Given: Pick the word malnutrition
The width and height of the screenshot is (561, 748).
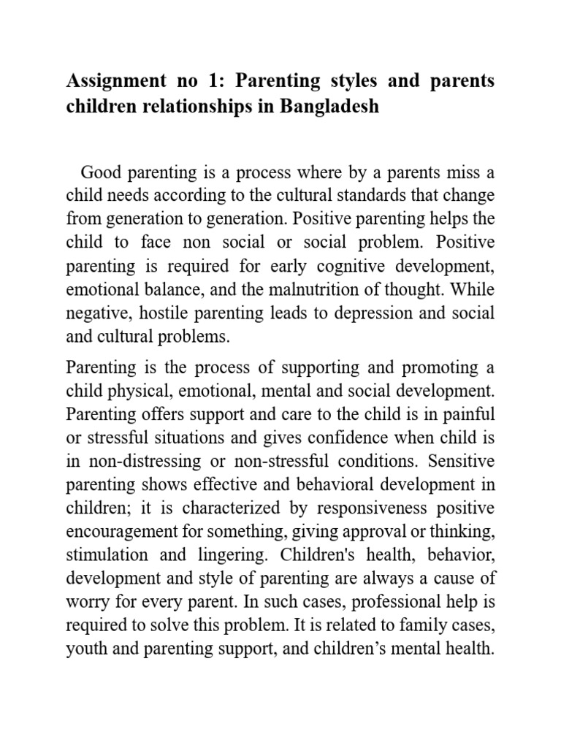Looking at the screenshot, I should click(286, 290).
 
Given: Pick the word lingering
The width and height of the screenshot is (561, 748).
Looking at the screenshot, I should click(236, 554).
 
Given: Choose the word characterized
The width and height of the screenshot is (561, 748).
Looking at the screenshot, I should click(223, 508).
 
